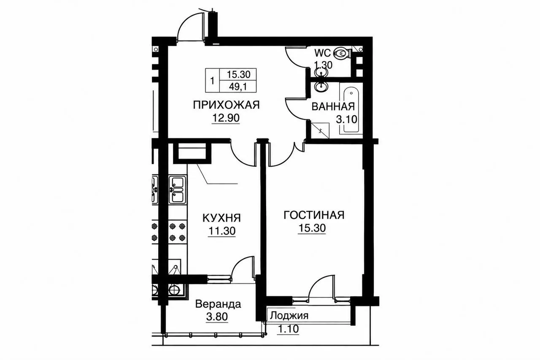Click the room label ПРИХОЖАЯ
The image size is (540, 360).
[x=226, y=105]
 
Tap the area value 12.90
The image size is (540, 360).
[x=226, y=118]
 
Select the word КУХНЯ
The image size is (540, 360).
[x=221, y=218]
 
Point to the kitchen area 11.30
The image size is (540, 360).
[x=222, y=231]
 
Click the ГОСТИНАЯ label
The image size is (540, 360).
[x=314, y=215]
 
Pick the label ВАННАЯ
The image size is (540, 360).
[x=333, y=107]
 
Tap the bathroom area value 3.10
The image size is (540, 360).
[x=346, y=119]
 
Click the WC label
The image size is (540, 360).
[x=322, y=53]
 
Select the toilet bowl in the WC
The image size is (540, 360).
[x=342, y=53]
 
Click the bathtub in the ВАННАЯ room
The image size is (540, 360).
[x=351, y=109]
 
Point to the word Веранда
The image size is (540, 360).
[x=218, y=304]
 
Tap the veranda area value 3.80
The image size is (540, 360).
[x=217, y=317]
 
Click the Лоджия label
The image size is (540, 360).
[x=289, y=315]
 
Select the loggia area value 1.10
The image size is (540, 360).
[x=288, y=329]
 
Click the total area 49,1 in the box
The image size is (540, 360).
[x=238, y=87]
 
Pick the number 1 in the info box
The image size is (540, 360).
[x=212, y=81]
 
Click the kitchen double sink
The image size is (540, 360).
[x=178, y=189]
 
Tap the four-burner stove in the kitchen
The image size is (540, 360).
[x=178, y=232]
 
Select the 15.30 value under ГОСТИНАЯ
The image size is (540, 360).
[x=312, y=228]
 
